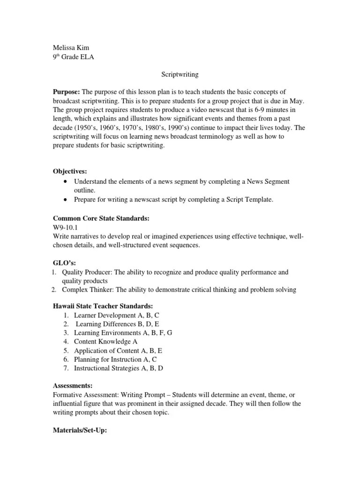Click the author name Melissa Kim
click(x=71, y=48)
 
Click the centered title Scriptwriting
click(x=180, y=74)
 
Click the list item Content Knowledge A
click(x=105, y=342)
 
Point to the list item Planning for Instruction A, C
click(x=115, y=359)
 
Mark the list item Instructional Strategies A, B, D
click(x=119, y=368)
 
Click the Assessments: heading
click(x=72, y=385)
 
